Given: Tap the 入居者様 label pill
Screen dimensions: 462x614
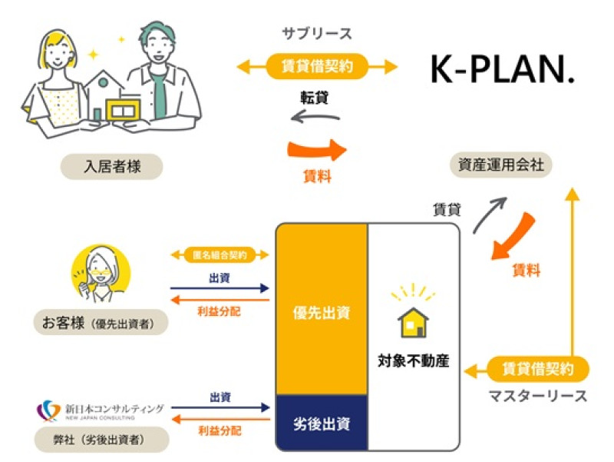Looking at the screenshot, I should pos(112,165).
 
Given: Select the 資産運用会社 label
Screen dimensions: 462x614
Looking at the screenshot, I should pos(500,164).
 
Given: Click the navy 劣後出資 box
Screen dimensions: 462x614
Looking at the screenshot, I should pos(322,422).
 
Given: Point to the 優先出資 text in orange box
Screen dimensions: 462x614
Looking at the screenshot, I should pos(322,313).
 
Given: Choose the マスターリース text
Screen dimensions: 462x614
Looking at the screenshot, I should pos(537,397).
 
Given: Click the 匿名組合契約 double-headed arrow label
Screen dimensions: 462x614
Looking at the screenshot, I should pos(220,253).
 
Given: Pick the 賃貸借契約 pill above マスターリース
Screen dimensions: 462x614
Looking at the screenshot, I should pos(537,370).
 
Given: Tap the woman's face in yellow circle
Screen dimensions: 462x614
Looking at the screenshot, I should pos(103,269).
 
